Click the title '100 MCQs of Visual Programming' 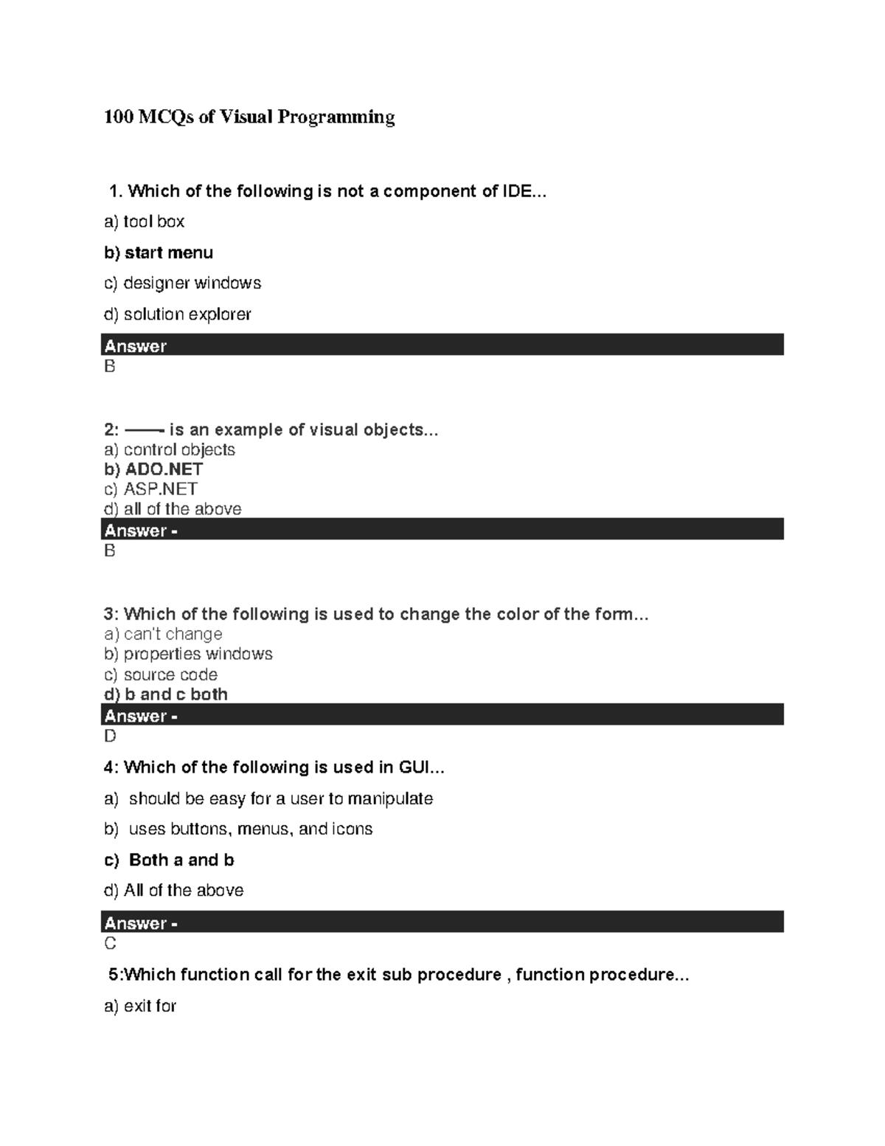point(249,117)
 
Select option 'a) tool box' point(145,221)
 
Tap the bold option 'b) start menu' point(159,252)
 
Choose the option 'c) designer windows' point(183,283)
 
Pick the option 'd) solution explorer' point(178,314)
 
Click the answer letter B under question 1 point(110,367)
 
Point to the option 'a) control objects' point(170,449)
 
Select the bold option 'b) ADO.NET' point(153,469)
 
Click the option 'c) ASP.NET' point(150,489)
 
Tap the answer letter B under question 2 point(110,550)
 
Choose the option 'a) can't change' point(163,634)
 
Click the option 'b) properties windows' point(188,654)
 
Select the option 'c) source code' point(161,674)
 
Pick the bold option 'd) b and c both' point(166,694)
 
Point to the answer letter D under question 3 point(110,736)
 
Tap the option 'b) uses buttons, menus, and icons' point(238,829)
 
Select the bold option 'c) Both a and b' point(169,860)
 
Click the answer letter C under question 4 point(110,943)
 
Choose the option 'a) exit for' point(140,1006)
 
